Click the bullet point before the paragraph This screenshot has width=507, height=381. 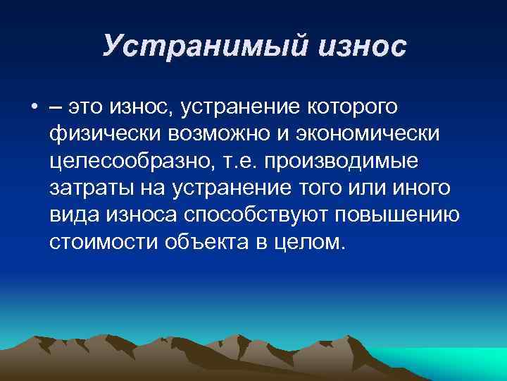pos(34,107)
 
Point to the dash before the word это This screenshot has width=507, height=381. pos(55,107)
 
